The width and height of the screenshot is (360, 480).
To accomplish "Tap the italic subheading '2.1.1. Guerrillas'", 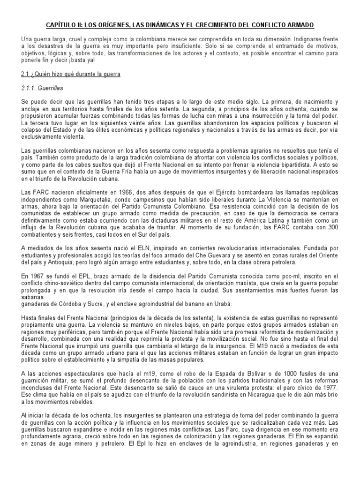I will tap(42, 88).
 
